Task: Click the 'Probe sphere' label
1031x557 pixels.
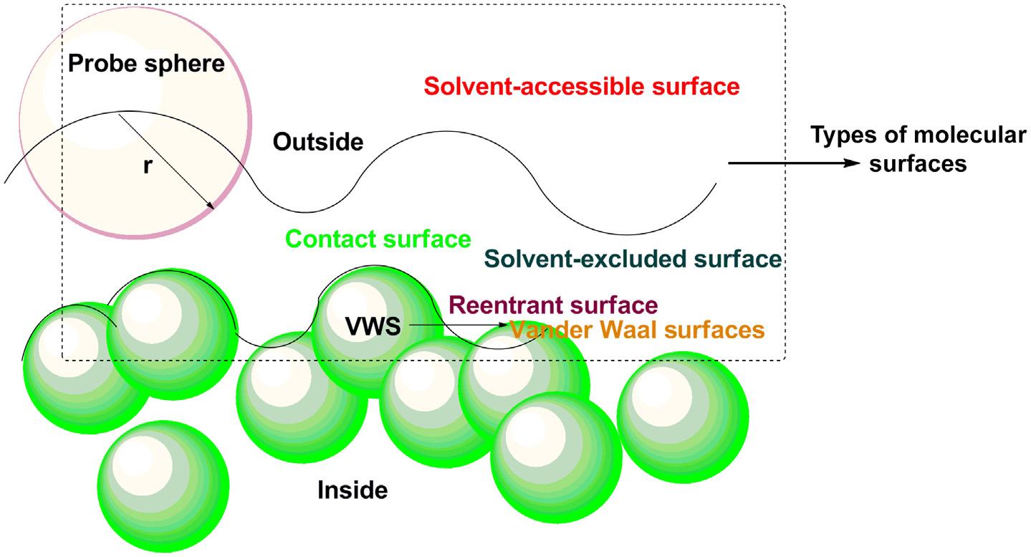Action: click(146, 65)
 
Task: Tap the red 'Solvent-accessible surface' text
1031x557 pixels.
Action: click(581, 87)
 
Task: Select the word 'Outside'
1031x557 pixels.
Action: click(318, 142)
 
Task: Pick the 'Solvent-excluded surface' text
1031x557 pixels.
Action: click(632, 259)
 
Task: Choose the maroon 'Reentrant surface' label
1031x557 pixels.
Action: click(552, 305)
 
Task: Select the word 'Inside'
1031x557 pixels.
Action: click(353, 490)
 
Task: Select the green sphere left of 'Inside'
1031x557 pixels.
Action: click(163, 482)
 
